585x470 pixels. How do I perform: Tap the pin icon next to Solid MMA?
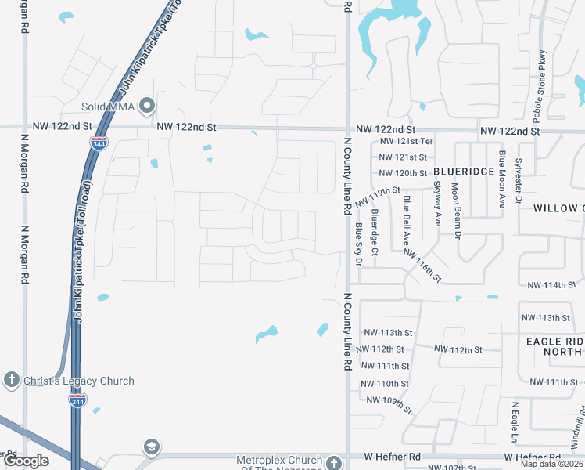(x=146, y=107)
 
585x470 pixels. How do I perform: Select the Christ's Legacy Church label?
(x=78, y=381)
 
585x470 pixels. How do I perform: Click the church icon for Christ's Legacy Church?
(x=11, y=381)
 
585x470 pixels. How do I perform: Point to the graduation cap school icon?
(x=151, y=447)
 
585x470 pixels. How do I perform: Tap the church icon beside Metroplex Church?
(x=334, y=462)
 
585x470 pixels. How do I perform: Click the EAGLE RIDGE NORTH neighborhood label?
(x=554, y=347)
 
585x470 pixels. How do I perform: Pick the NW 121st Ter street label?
(x=406, y=142)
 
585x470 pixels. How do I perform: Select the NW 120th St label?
(x=403, y=173)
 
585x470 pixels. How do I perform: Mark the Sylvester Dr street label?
(x=518, y=183)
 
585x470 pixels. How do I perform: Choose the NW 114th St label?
(x=547, y=285)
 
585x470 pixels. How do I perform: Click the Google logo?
(x=27, y=461)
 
